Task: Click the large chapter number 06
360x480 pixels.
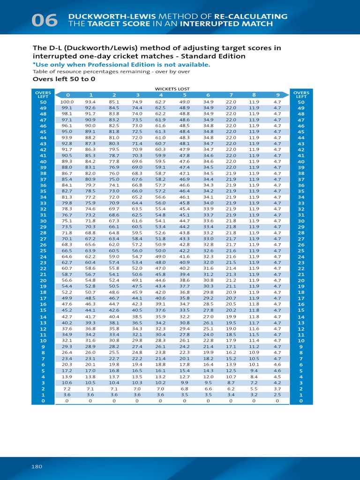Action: [x=45, y=20]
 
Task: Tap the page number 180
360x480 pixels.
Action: [x=37, y=466]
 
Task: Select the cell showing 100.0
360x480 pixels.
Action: [x=67, y=102]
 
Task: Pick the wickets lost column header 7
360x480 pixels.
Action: [x=231, y=95]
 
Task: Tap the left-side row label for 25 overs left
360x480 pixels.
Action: [x=43, y=251]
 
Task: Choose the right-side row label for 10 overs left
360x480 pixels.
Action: [x=301, y=341]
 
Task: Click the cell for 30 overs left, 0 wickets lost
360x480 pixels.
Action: [x=67, y=221]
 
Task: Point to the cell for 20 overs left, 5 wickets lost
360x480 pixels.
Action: [x=185, y=280]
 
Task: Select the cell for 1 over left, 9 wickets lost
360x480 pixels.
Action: [x=277, y=395]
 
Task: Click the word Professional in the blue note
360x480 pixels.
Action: [x=143, y=65]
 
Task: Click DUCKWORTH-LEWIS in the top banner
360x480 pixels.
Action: [x=99, y=16]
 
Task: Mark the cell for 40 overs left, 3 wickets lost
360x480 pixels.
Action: [x=137, y=161]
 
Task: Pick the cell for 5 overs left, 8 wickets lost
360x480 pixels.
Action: [x=254, y=370]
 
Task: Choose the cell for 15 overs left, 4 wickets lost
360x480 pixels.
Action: [x=160, y=310]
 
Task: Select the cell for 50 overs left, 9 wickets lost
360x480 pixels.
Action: [x=277, y=102]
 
